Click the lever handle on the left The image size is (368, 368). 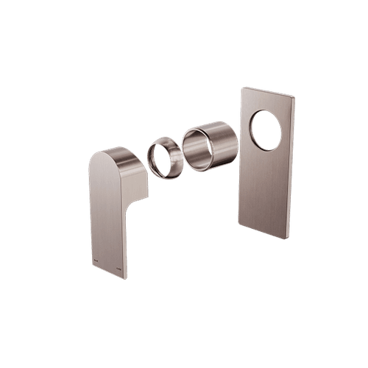pos(110,213)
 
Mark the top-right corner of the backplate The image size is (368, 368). pos(295,98)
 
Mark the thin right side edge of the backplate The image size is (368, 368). pos(294,169)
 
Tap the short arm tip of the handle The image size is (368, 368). pos(144,180)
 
